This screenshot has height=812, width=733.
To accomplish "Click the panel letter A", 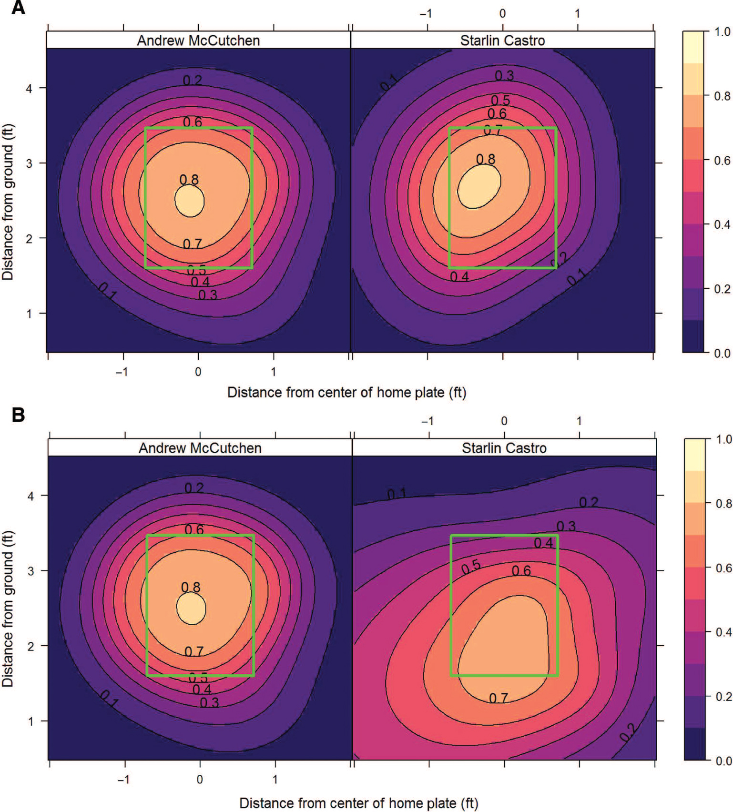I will [x=18, y=8].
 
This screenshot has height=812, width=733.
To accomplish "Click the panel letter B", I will [x=18, y=415].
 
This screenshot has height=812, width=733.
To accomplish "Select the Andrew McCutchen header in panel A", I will [x=198, y=41].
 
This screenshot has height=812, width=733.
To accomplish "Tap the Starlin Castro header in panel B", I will [x=504, y=448].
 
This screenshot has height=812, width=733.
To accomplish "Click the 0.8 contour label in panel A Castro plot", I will [x=485, y=159].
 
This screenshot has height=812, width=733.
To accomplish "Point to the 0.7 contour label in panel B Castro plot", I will [x=499, y=698].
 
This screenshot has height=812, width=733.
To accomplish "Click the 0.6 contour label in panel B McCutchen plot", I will [x=194, y=529].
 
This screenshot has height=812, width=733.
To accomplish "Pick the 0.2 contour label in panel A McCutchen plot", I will [x=193, y=80].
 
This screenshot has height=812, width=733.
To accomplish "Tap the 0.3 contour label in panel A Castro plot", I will [x=504, y=76].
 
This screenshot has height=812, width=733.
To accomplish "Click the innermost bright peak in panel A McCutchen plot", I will [x=189, y=201].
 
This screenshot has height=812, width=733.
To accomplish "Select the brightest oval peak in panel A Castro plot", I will [x=479, y=186].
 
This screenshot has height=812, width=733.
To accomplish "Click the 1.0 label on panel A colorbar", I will [x=722, y=32].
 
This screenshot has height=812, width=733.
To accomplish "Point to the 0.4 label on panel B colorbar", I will [x=723, y=632].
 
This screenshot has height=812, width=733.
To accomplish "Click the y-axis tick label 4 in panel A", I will [x=30, y=88].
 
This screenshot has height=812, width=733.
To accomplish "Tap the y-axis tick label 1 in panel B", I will [x=31, y=721].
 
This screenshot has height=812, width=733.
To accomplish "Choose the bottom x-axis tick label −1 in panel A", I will [x=122, y=372].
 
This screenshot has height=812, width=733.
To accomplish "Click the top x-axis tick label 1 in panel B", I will [x=579, y=421].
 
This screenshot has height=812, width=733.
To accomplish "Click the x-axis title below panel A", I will [x=346, y=392].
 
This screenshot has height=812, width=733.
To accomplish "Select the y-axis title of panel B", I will [x=8, y=609].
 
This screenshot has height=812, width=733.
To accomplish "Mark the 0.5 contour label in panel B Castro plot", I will [x=471, y=567].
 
